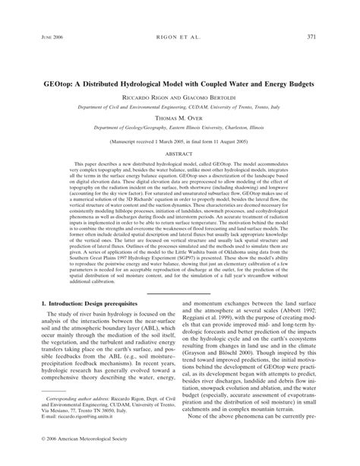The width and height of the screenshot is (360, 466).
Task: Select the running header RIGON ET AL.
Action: coord(180,37)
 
